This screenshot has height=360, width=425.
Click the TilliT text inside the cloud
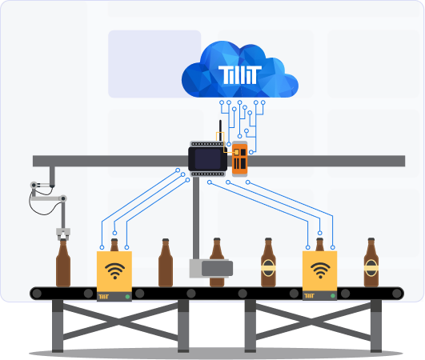tap(240, 76)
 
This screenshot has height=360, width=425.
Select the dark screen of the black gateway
tap(208, 159)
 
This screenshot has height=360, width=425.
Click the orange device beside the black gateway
tap(239, 158)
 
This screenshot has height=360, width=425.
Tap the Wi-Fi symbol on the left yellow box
tap(114, 270)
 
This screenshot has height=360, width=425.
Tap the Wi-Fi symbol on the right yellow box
tap(320, 270)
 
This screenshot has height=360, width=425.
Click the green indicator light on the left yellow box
tap(128, 297)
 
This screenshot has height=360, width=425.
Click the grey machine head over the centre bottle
tap(210, 268)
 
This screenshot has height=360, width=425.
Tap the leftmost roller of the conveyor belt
tap(37, 294)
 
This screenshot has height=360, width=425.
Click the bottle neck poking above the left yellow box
tap(114, 245)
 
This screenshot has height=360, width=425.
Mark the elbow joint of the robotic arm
tap(62, 198)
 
